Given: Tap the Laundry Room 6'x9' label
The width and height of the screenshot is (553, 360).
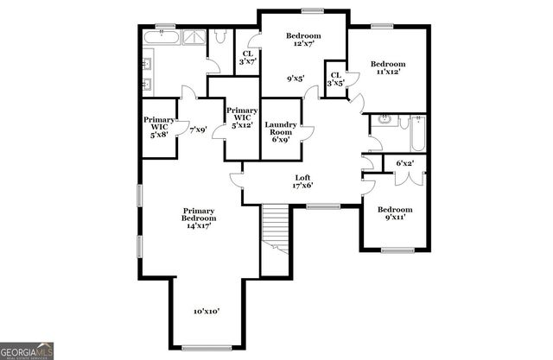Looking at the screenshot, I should coord(281,131).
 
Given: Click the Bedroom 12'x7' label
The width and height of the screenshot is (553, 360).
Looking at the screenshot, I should coord(303,40).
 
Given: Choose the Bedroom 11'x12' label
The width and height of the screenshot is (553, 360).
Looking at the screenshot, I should coord(388,68).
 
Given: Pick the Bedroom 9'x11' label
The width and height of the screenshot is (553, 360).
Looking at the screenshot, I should coord(395,214).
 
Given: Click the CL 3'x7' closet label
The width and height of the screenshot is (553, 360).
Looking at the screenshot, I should coord(247,57).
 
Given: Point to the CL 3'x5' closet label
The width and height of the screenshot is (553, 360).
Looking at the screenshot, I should coord(335,80).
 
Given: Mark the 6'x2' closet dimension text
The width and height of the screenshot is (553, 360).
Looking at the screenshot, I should coord(404,163).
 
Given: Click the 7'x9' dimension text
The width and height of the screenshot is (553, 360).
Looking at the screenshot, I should coord(199,129).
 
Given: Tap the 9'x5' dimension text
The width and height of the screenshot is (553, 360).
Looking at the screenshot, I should coord(296,79).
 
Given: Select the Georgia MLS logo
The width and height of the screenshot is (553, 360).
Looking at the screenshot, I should coord(28,351).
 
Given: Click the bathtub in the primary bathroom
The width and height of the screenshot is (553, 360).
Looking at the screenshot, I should coord(161,39).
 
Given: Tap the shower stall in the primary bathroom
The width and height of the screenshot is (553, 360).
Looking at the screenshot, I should coord(194,38).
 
